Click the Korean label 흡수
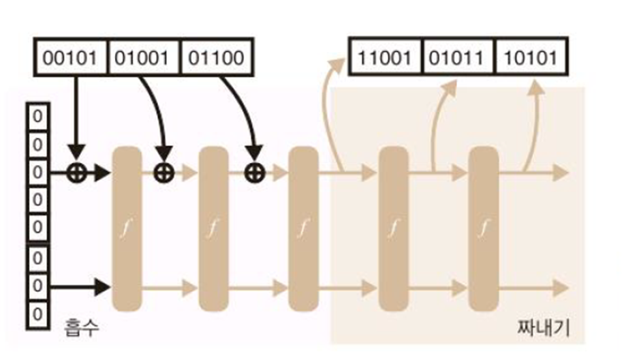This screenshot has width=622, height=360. (83, 327)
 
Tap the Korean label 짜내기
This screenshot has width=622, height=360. (544, 329)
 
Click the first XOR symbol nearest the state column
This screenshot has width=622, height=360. (76, 172)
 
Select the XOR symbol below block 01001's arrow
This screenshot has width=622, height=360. (164, 172)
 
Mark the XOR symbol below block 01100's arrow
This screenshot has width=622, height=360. (254, 172)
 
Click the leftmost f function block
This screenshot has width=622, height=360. (127, 228)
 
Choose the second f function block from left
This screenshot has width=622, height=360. (213, 228)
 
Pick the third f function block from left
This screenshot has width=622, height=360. (303, 228)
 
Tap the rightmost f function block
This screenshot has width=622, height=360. (483, 228)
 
